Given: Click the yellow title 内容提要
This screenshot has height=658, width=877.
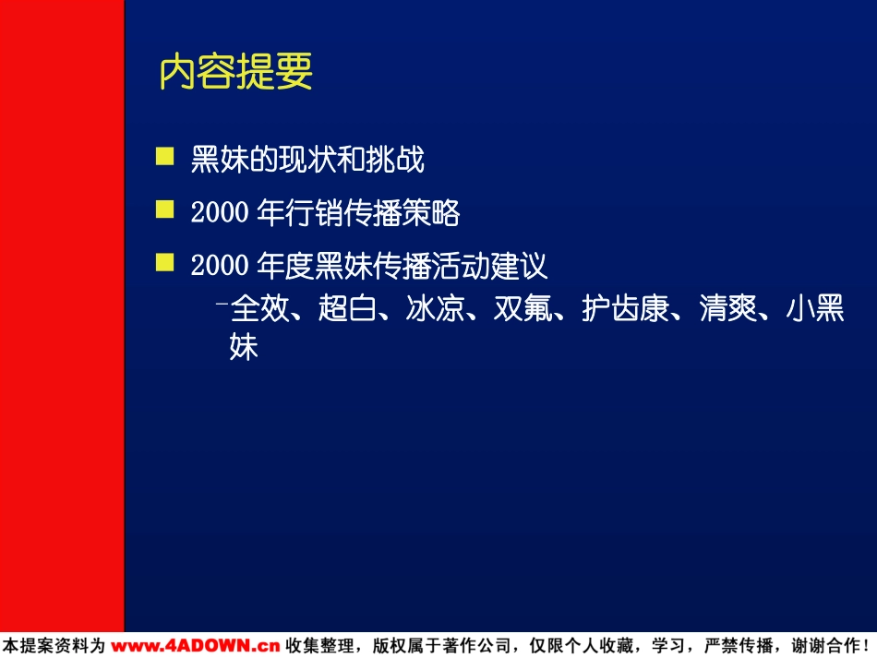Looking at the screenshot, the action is (235, 72).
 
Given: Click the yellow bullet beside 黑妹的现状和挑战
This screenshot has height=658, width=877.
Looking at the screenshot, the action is (164, 157).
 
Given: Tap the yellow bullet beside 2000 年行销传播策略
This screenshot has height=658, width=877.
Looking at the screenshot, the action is (164, 209).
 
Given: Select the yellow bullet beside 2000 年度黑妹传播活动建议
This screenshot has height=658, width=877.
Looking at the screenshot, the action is (164, 262).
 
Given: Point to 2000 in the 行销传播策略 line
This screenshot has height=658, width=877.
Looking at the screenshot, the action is (220, 212).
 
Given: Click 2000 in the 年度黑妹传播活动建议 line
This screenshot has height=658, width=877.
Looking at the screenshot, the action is (220, 265).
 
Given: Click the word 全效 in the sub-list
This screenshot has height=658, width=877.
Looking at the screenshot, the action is (259, 308).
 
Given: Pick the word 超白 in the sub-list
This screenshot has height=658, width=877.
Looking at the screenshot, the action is (347, 308).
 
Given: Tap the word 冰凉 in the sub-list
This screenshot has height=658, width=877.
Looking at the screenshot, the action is (435, 308).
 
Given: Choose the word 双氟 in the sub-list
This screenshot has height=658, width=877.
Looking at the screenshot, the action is (523, 308).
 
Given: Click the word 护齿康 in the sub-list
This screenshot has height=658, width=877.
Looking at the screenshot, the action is (625, 308).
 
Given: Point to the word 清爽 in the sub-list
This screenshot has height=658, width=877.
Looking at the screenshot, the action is (728, 308).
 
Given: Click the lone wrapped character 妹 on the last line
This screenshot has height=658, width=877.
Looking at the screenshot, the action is (244, 347).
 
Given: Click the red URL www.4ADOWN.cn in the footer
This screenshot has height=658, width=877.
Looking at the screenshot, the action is (195, 646).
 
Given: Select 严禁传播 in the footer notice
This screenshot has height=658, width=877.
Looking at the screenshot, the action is (739, 646).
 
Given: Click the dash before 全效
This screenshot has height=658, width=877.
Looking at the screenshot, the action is (222, 304).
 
